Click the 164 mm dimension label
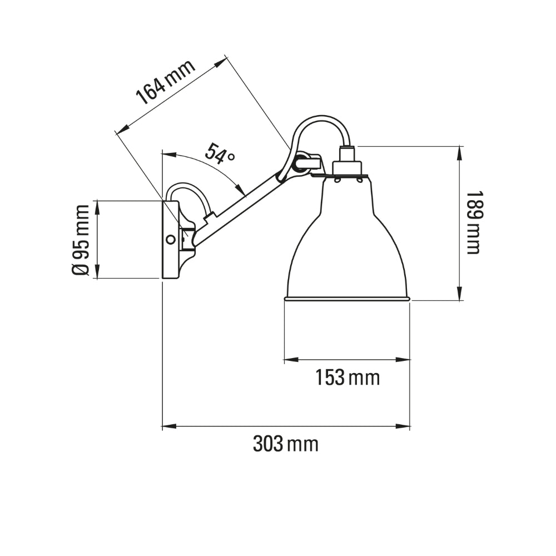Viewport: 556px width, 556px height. point(166,82)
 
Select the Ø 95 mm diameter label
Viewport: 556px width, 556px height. point(81,240)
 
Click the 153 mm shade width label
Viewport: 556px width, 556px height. point(348,378)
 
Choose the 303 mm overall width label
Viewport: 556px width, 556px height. point(286,444)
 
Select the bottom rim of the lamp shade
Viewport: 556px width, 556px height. point(347,299)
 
